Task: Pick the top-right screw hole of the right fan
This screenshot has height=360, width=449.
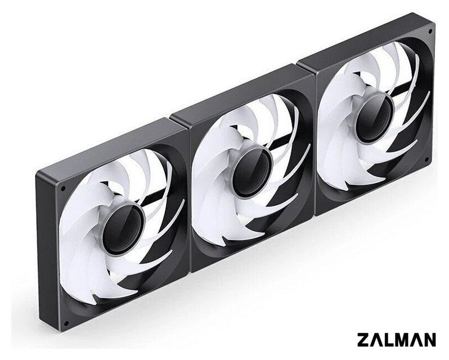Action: click(x=430, y=31)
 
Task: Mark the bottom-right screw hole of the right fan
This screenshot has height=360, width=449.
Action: click(x=426, y=159)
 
